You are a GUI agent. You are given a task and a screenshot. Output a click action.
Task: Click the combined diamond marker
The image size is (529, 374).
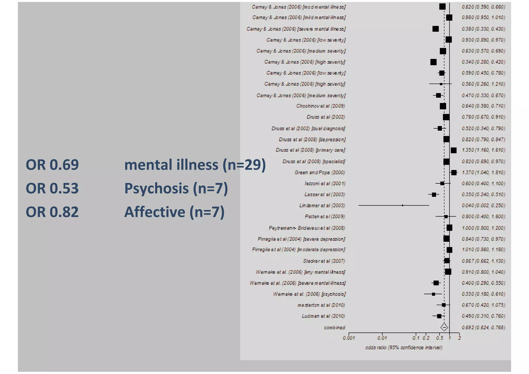tap(444, 327)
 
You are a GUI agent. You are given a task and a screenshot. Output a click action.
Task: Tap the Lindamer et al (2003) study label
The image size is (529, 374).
tap(322, 206)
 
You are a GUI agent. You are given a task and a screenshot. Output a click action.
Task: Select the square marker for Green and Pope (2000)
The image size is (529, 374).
tap(454, 173)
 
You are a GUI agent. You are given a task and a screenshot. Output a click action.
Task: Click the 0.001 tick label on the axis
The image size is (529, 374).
tap(349, 338)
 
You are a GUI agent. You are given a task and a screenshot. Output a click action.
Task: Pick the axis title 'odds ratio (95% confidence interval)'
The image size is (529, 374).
tap(404, 348)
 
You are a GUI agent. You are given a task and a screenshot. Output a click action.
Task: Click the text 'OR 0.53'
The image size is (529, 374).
tap(52, 188)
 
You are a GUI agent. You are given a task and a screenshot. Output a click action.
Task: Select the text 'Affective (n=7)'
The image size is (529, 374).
tap(174, 212)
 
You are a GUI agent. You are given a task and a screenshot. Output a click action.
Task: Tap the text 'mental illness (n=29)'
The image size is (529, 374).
tap(195, 165)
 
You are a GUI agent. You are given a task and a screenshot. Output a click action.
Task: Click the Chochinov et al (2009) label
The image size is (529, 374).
tap(321, 106)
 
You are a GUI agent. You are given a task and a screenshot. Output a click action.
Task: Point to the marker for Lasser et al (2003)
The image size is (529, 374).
tap(434, 194)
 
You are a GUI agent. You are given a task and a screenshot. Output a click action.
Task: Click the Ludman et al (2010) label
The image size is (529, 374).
tap(323, 316)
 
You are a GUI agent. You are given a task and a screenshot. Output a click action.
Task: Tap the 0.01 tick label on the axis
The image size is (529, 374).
tap(382, 338)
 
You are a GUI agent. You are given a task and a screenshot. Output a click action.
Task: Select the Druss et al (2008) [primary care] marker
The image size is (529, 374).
tap(454, 150)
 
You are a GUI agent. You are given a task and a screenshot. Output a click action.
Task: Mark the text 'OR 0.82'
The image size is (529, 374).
tap(52, 212)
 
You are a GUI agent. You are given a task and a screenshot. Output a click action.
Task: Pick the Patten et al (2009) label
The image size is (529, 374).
tap(325, 216)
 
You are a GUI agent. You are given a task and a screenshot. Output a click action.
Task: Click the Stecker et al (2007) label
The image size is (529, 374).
tap(324, 261)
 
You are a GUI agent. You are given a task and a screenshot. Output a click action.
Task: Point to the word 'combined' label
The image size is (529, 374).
tap(334, 328)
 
